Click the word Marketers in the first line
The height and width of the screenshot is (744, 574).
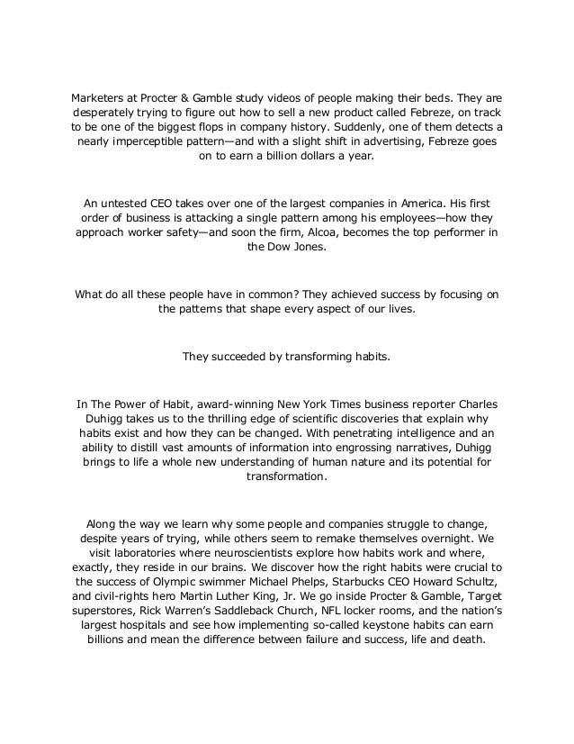[x=97, y=96]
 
